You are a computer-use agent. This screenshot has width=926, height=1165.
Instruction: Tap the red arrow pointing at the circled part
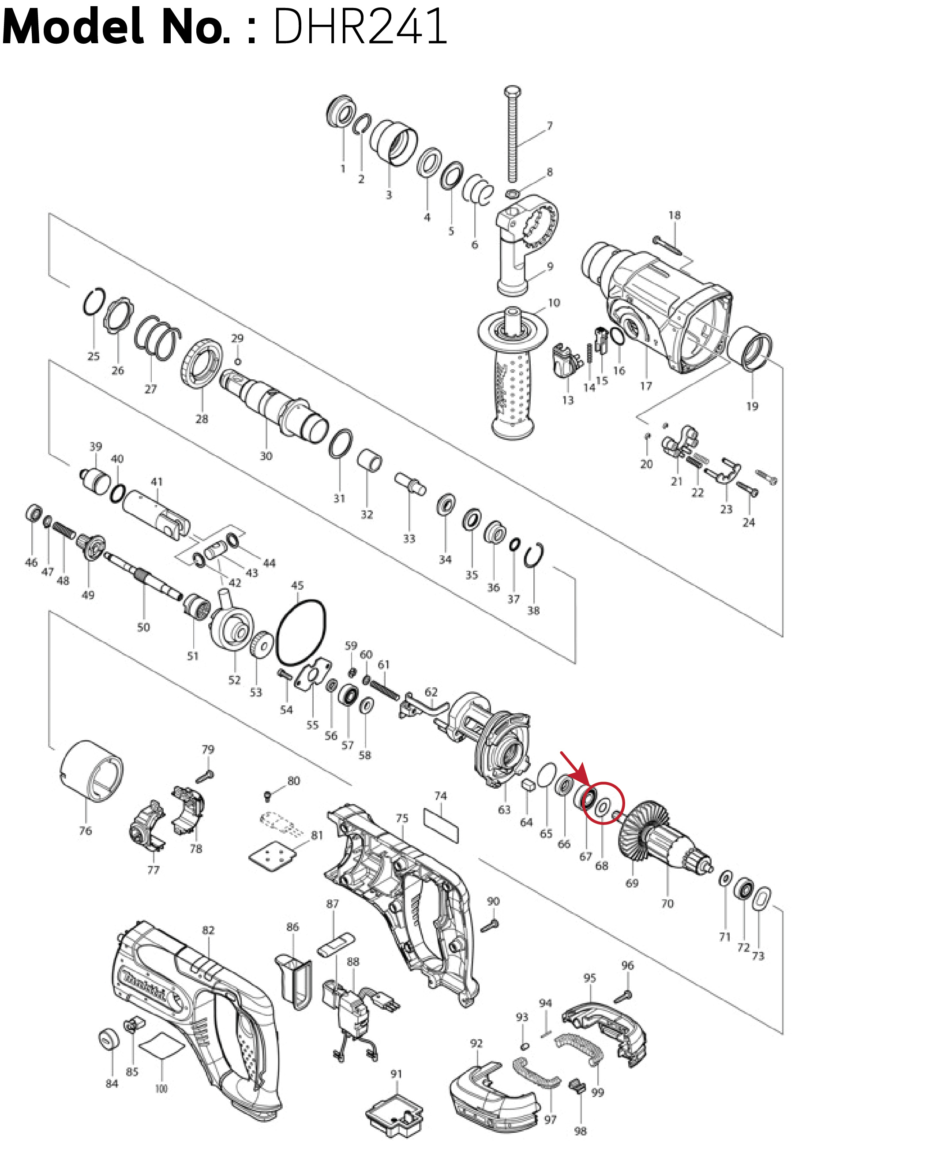tap(574, 767)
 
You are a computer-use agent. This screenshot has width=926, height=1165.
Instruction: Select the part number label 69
tap(632, 883)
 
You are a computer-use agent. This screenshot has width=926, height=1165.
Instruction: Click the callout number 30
tap(266, 456)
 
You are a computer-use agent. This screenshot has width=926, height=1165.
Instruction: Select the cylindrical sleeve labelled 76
tap(91, 771)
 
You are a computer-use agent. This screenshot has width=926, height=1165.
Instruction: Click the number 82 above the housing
tap(208, 930)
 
